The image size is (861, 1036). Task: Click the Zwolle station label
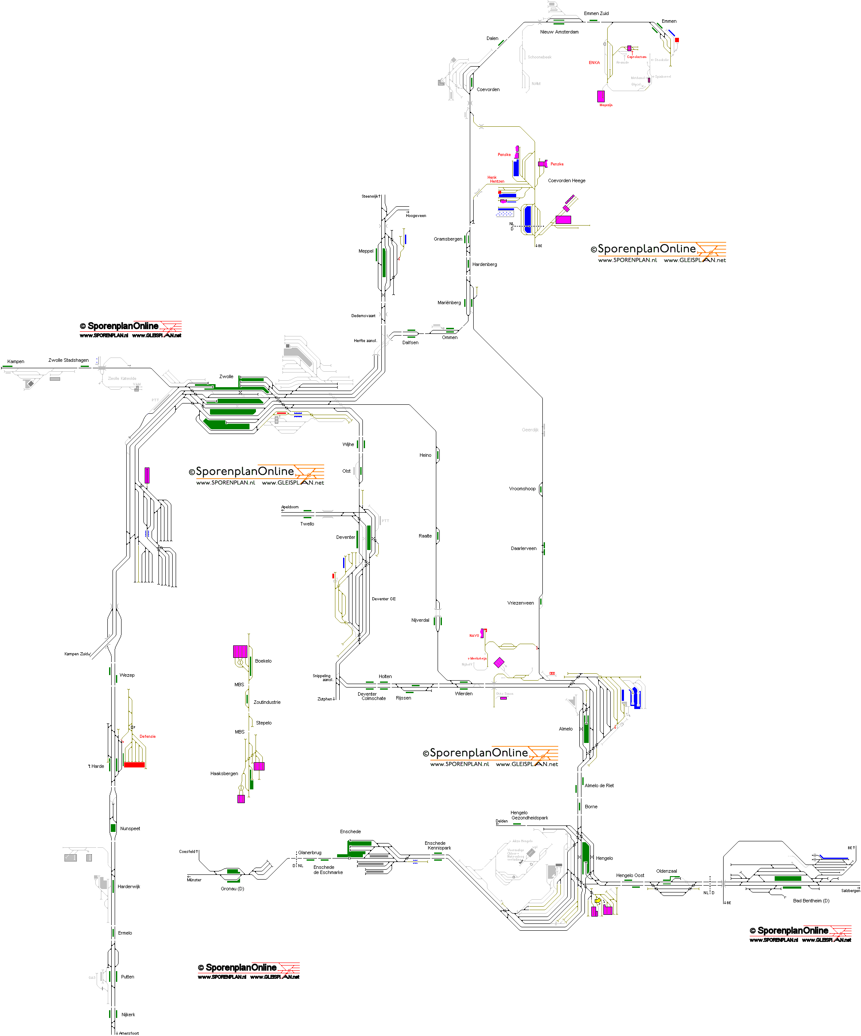226,376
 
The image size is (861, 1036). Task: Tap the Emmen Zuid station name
596,13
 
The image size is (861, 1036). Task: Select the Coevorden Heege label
566,180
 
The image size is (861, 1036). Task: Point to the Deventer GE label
383,599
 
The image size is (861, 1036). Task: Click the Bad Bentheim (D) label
811,900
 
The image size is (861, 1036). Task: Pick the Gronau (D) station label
232,889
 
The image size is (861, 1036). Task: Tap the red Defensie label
147,736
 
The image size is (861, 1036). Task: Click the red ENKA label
594,63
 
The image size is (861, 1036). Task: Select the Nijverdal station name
420,620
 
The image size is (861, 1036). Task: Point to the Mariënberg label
449,303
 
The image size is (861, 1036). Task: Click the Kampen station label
16,362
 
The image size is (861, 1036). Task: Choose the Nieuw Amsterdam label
559,32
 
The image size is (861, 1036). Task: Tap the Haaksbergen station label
224,773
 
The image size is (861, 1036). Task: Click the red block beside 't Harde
134,765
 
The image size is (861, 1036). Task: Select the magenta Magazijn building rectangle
600,96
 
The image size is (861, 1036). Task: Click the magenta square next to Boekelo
240,651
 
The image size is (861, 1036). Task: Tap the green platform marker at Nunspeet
113,828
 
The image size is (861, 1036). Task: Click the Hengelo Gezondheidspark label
529,815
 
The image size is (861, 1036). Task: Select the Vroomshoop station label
522,489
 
